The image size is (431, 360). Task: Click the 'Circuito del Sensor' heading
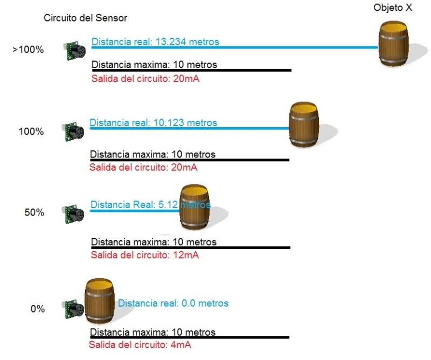pos(85,18)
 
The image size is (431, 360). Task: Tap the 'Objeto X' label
pos(393,8)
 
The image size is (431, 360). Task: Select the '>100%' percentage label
pos(28,50)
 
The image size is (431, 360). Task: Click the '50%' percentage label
pos(34,212)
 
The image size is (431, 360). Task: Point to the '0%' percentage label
pos(38,309)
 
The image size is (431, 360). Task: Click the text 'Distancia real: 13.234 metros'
pos(155,42)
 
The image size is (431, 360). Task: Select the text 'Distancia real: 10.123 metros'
pos(154,123)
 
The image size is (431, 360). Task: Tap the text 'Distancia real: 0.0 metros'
pos(173,303)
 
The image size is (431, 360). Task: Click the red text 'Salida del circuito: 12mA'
pos(145,255)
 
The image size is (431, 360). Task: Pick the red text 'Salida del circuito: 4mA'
pos(140,345)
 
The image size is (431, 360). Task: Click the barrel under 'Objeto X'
pos(393,44)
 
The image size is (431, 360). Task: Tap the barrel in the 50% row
pos(194,207)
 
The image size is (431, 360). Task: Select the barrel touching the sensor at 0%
pos(99,301)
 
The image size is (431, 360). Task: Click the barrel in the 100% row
pos(304,124)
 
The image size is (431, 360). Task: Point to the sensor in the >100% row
pos(74,50)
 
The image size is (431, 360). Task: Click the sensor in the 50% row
pos(73,214)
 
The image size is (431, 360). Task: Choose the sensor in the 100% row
pos(73,131)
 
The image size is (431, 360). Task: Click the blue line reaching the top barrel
pos(235,47)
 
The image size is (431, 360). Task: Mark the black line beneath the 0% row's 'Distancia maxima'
pos(190,337)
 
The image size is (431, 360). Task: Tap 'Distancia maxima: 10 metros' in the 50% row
pos(154,242)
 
